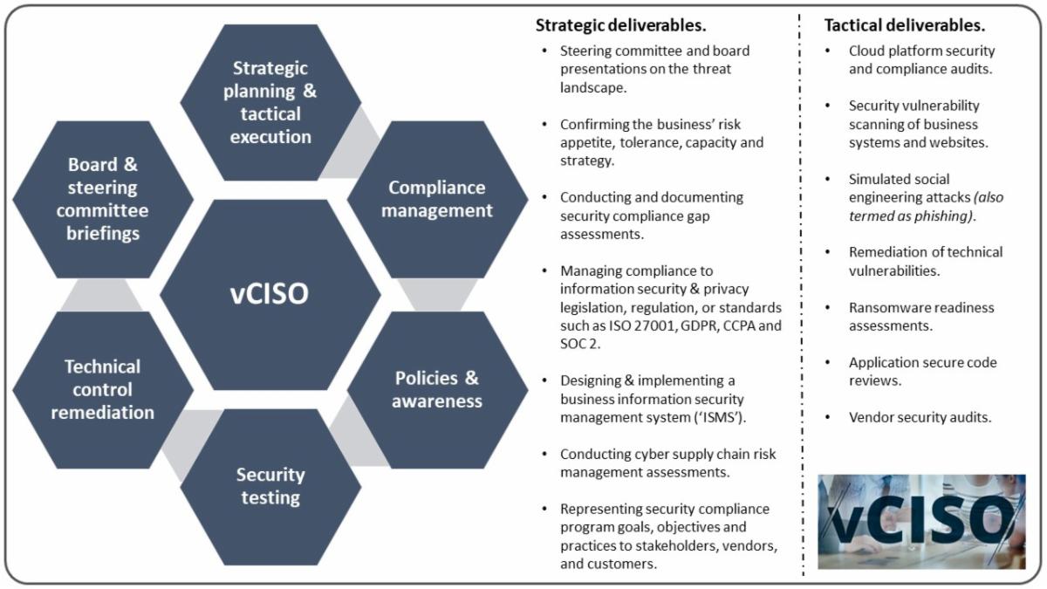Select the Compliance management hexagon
[438, 199]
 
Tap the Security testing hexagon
[270, 487]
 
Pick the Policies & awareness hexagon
[438, 390]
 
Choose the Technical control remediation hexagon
[103, 389]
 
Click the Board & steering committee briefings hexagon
[103, 199]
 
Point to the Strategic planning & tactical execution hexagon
[270, 102]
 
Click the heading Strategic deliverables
[621, 24]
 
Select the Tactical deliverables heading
[905, 24]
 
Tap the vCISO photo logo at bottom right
[921, 522]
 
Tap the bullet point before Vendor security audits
[828, 418]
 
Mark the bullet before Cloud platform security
[828, 51]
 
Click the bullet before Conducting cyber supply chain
[545, 455]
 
